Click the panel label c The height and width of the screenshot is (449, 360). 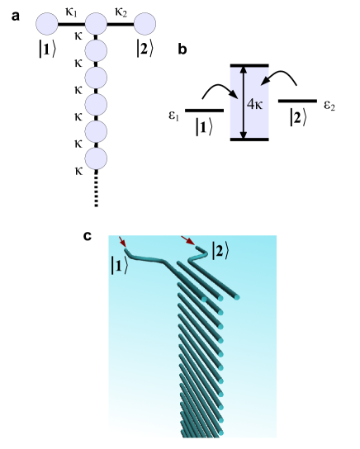[88, 236]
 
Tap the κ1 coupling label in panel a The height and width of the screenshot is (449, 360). [72, 12]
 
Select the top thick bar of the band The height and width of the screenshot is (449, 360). [249, 65]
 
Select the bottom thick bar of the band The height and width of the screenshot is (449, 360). [249, 139]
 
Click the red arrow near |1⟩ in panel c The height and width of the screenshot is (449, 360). [122, 241]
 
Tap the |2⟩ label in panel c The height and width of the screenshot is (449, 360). [222, 247]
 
